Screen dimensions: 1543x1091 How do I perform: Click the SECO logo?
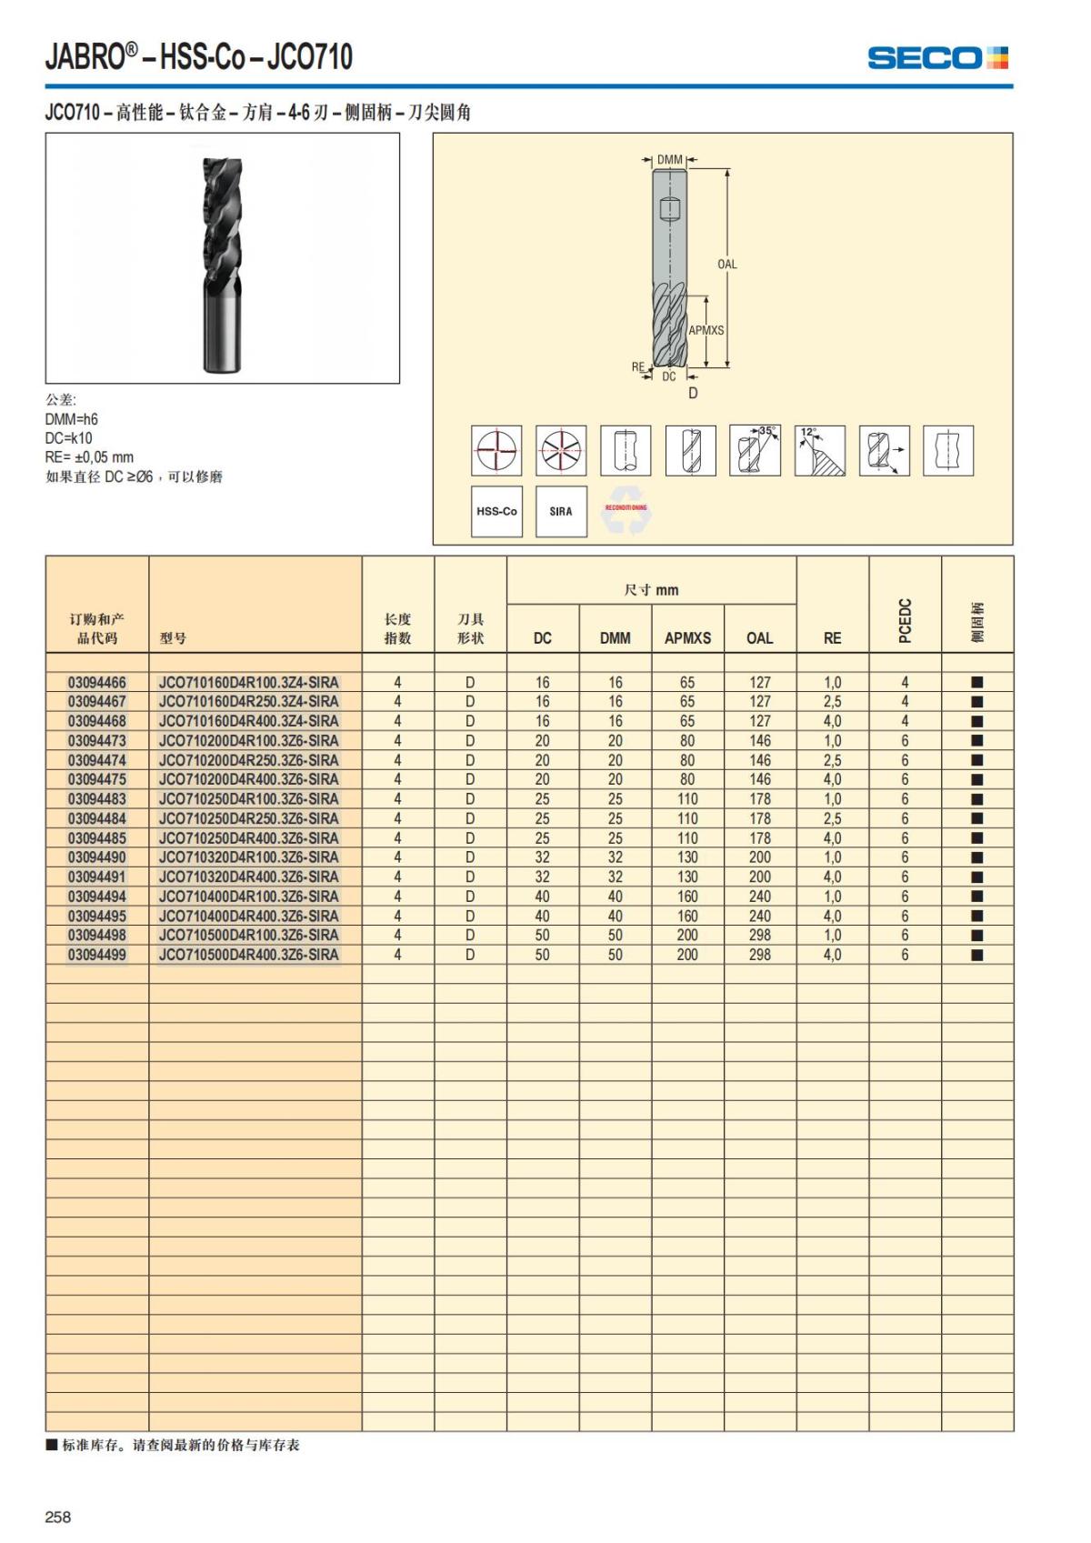937,58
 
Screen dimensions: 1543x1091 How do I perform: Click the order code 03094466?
97,682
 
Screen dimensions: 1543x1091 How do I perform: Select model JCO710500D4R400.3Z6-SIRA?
248,955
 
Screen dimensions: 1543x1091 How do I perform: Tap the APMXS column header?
687,638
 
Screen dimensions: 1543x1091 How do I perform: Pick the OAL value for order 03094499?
759,955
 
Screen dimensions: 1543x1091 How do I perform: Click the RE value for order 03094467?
832,702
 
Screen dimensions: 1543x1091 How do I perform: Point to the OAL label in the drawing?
727,265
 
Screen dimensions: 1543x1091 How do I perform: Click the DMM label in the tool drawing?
670,160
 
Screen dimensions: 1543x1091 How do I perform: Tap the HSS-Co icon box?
496,511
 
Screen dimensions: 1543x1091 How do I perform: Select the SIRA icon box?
561,511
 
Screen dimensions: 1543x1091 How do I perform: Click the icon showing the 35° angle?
755,450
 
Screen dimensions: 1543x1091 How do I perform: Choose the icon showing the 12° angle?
819,450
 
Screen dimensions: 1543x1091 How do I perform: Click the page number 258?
58,1517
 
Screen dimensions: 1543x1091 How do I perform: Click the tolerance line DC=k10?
69,438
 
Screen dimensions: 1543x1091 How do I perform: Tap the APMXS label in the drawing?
706,330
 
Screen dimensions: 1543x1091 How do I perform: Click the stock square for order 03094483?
977,799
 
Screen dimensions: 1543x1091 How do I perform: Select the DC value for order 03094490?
542,857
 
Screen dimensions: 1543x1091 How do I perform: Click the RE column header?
832,638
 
